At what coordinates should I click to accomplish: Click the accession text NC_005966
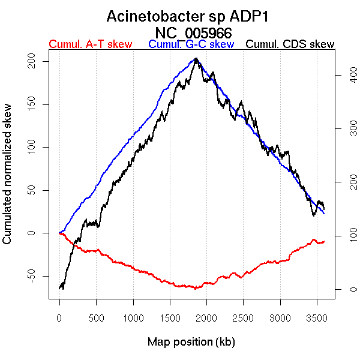(193, 32)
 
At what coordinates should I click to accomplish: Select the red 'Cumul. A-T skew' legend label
(91, 44)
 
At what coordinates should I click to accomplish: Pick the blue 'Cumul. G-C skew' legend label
(191, 44)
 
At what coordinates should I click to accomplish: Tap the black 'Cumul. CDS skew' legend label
(290, 44)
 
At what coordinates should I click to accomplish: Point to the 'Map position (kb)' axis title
(191, 342)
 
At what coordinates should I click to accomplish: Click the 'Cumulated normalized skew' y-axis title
(8, 181)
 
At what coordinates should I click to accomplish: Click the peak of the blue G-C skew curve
(196, 59)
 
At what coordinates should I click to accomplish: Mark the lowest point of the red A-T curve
(195, 289)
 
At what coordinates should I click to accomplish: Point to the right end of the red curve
(324, 241)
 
